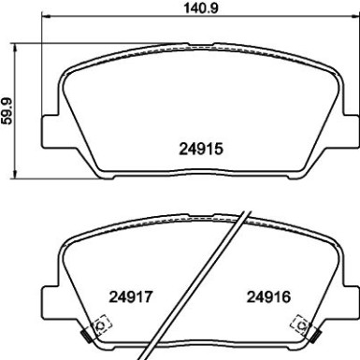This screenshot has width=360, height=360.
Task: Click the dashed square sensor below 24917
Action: pos(102,324)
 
